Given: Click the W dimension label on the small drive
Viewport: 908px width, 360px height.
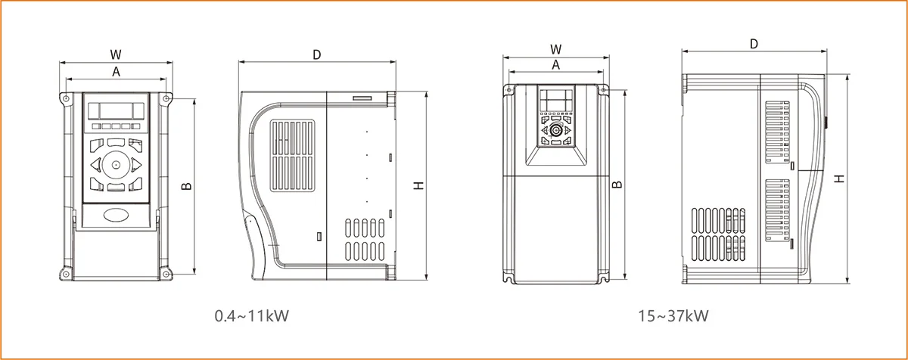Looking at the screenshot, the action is coord(116,54).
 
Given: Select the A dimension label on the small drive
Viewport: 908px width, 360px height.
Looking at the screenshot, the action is coord(116,72).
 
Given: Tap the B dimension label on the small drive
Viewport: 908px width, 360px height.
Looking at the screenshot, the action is coord(186,186).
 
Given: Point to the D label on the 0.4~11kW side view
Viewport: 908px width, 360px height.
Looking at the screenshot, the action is coord(317,54).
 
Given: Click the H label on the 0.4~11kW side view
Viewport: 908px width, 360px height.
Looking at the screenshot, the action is coord(418,186).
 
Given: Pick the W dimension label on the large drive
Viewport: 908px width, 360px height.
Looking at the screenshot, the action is coord(555,49).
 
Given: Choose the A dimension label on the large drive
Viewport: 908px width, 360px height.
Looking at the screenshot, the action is coord(555,65).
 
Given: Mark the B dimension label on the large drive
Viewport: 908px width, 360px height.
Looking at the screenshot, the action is coord(617,185).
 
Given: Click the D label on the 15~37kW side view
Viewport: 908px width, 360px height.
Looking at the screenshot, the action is coord(754,44).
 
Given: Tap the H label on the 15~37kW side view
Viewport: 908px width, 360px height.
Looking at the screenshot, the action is coord(838,178).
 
